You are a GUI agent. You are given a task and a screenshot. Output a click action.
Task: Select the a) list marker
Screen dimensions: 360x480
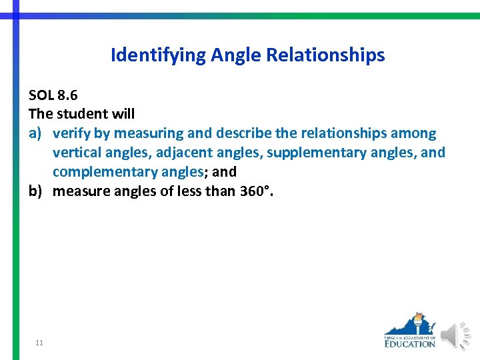point(36,133)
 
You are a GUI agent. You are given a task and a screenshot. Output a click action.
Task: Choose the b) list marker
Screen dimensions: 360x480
point(36,191)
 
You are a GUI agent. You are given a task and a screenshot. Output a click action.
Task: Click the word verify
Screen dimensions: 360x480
point(71,133)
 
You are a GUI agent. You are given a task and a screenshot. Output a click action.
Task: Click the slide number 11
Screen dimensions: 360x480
point(39,343)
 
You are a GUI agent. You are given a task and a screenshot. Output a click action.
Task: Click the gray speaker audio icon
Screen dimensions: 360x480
point(456,335)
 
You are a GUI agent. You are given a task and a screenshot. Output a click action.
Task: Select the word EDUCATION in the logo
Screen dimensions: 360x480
point(409,344)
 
